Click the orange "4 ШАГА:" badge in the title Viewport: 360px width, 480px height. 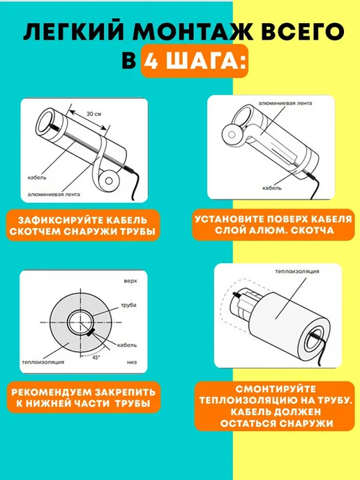pyautogui.click(x=195, y=61)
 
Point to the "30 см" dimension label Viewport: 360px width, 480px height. pyautogui.click(x=93, y=114)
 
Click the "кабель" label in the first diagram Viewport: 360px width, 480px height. pyautogui.click(x=37, y=177)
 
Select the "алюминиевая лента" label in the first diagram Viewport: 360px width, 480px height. pyautogui.click(x=54, y=195)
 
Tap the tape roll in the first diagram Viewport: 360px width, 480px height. pyautogui.click(x=108, y=180)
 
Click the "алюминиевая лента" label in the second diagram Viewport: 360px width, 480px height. pyautogui.click(x=285, y=103)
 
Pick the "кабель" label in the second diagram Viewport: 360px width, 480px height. pyautogui.click(x=272, y=188)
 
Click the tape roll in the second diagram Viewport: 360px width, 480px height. pyautogui.click(x=232, y=135)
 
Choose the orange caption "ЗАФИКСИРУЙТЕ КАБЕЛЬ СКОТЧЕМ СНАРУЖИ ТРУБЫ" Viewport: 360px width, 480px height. pyautogui.click(x=83, y=225)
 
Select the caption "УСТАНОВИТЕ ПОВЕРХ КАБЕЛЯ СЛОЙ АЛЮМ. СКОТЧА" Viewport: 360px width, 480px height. pyautogui.click(x=273, y=225)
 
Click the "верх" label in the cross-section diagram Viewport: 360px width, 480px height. pyautogui.click(x=130, y=281)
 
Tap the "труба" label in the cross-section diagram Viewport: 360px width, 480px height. pyautogui.click(x=128, y=305)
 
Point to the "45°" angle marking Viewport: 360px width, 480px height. pyautogui.click(x=96, y=357)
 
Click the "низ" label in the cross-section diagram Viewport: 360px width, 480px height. pyautogui.click(x=132, y=362)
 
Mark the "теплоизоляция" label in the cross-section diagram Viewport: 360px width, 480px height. pyautogui.click(x=43, y=362)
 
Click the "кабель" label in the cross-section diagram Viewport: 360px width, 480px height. pyautogui.click(x=127, y=345)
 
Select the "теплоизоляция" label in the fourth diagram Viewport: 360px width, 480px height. pyautogui.click(x=297, y=271)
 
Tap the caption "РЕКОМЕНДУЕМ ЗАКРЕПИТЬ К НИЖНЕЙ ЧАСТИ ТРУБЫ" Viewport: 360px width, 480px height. pyautogui.click(x=83, y=398)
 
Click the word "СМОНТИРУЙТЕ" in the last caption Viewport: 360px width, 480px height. pyautogui.click(x=276, y=389)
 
